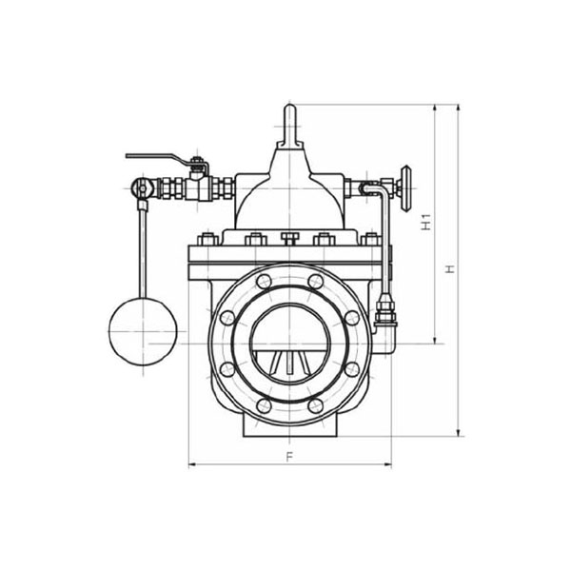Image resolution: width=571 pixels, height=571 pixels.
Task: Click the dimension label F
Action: (289, 457)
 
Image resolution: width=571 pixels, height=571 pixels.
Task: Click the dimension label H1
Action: (426, 222)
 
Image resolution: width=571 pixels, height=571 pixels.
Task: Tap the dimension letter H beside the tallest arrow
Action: (451, 268)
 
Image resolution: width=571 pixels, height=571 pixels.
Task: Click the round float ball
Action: (143, 331)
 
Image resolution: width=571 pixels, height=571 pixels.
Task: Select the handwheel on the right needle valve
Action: (405, 188)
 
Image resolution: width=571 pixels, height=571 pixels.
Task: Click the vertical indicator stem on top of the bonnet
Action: (289, 126)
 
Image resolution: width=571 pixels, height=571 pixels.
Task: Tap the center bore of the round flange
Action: (289, 344)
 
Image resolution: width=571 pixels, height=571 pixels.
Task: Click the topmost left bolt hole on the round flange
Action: (264, 282)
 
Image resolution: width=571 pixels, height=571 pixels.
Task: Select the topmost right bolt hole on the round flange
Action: (315, 282)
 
